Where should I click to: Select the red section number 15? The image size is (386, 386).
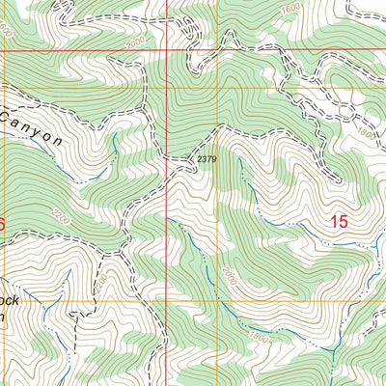tap(339, 222)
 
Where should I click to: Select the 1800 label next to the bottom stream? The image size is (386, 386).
tap(259, 335)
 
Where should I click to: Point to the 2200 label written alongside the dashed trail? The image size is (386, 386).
tap(104, 281)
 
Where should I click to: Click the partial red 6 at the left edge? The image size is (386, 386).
tap(3, 224)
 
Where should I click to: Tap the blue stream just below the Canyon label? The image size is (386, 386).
tap(82, 175)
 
